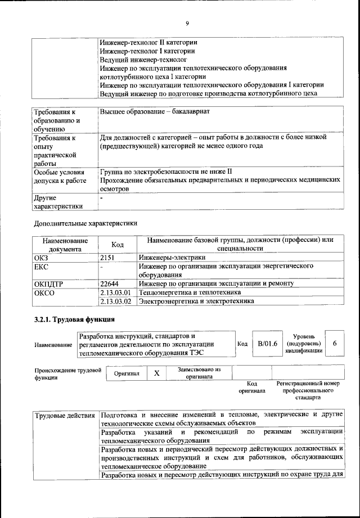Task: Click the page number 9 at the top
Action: [x=187, y=23]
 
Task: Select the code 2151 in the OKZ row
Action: [x=108, y=258]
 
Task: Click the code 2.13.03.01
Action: [x=115, y=293]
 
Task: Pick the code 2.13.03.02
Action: [x=115, y=301]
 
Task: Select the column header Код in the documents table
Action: [x=117, y=245]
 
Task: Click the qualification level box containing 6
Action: [x=335, y=343]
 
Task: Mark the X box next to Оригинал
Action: [x=157, y=373]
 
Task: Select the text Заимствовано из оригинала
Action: [x=199, y=373]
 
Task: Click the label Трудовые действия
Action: [x=65, y=416]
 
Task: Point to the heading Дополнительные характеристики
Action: [x=86, y=223]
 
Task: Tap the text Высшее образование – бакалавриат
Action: [x=155, y=112]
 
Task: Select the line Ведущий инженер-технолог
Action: [x=143, y=59]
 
